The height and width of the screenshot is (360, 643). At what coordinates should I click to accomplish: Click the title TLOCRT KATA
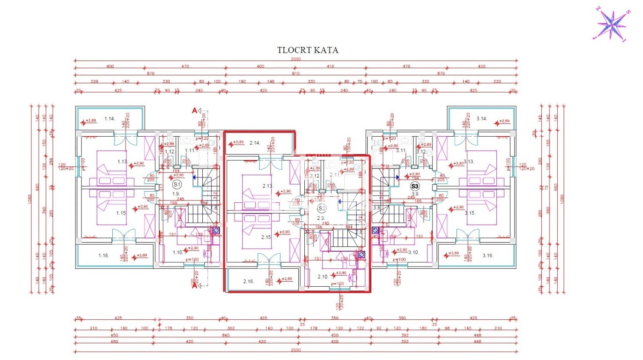coord(307,50)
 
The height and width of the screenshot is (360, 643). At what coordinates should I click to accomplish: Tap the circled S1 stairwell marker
coord(176,185)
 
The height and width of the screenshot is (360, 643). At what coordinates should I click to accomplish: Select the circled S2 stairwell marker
coord(321,209)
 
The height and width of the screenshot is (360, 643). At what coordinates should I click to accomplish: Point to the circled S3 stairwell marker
coord(414,186)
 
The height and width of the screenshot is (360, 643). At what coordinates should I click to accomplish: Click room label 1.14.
coord(110,119)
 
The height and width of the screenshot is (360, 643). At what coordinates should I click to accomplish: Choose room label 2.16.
coord(249,282)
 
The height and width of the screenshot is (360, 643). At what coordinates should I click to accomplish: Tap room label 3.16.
coord(487,255)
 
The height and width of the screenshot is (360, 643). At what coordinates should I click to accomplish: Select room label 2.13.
coord(267,186)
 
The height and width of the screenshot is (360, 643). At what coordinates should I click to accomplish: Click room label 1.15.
coord(121,213)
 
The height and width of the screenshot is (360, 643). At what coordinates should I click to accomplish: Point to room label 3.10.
coord(413,252)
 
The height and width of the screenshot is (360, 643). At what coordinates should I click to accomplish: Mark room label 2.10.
coord(323,277)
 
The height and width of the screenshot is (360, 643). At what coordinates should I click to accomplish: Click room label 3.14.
coord(481,119)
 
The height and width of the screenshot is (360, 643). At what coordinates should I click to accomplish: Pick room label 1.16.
coord(103,255)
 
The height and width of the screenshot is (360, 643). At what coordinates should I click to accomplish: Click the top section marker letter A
coord(194,111)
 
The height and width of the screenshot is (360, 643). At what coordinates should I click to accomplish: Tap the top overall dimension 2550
coord(296,59)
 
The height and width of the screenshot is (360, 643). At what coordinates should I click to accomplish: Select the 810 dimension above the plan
coord(296,74)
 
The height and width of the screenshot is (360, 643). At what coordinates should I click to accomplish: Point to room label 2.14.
coord(255,143)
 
